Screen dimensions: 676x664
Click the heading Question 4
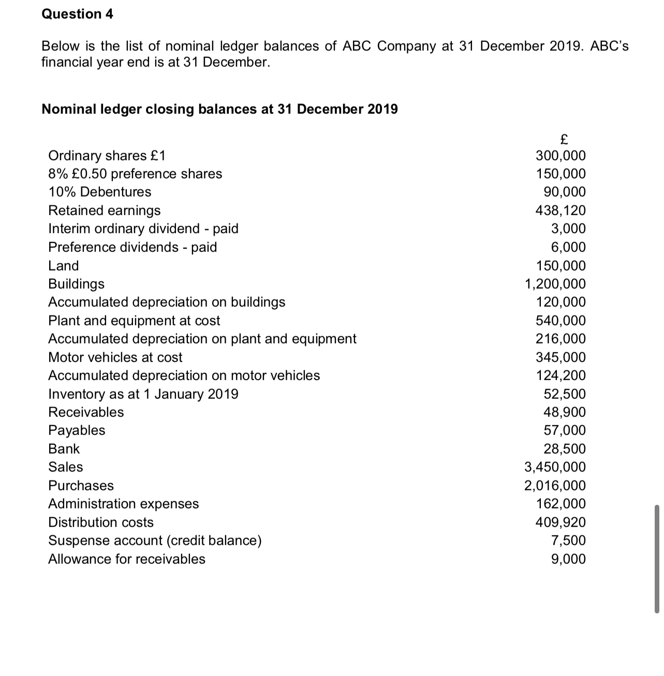pyautogui.click(x=77, y=14)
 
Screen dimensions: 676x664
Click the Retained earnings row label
pyautogui.click(x=104, y=211)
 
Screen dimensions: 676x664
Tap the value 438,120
pyautogui.click(x=560, y=211)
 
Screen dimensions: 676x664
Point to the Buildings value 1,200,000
pyautogui.click(x=555, y=284)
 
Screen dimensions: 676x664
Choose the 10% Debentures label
pyautogui.click(x=99, y=192)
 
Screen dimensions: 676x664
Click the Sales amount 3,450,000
pyautogui.click(x=555, y=467)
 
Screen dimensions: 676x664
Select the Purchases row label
pyautogui.click(x=81, y=486)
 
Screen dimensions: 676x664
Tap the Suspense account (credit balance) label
pyautogui.click(x=155, y=540)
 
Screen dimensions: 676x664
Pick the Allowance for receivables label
pyautogui.click(x=126, y=559)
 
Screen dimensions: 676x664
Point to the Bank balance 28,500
pyautogui.click(x=564, y=449)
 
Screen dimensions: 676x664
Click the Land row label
pyautogui.click(x=63, y=266)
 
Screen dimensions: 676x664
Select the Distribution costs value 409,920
pyautogui.click(x=560, y=522)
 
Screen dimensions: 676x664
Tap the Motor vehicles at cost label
pyautogui.click(x=115, y=357)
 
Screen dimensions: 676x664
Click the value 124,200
pyautogui.click(x=560, y=375)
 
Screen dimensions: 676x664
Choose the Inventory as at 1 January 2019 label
pyautogui.click(x=143, y=394)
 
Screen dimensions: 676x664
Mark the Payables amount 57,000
pyautogui.click(x=564, y=430)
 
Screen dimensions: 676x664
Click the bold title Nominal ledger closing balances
pyautogui.click(x=219, y=109)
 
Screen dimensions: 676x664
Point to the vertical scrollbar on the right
pyautogui.click(x=657, y=559)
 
